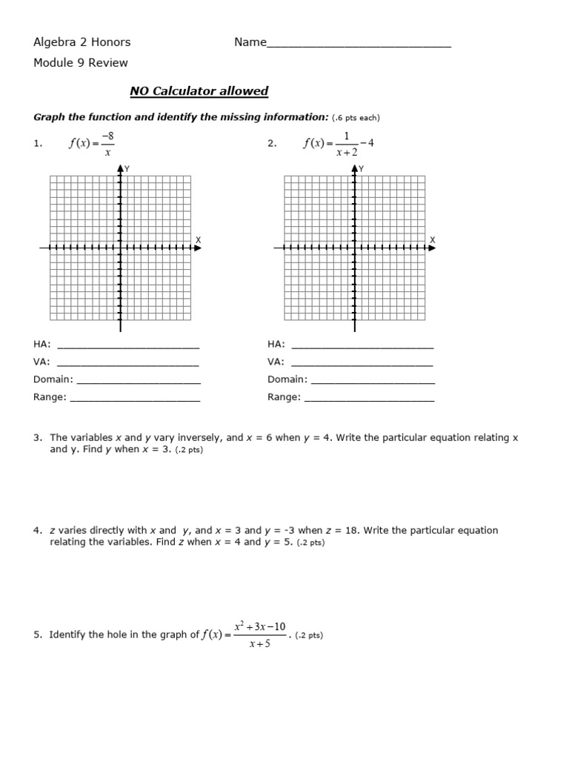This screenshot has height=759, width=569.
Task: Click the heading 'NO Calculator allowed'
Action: coord(199,91)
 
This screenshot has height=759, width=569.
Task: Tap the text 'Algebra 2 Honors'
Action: coord(81,42)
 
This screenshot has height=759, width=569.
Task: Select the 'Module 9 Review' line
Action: coord(80,63)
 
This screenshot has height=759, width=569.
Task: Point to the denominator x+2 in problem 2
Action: coord(346,152)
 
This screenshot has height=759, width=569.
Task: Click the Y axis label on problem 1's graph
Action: coord(127,169)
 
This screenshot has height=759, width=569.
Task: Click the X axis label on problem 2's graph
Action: coord(433,239)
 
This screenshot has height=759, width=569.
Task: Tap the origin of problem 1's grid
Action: coord(120,248)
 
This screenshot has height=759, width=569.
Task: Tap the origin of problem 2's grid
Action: coord(354,248)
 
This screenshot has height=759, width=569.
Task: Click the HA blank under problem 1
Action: coord(128,345)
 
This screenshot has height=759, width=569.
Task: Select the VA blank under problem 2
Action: coord(362,363)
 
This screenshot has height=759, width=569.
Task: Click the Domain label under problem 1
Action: coord(53,379)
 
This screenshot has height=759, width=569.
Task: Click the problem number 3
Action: coord(37,438)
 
